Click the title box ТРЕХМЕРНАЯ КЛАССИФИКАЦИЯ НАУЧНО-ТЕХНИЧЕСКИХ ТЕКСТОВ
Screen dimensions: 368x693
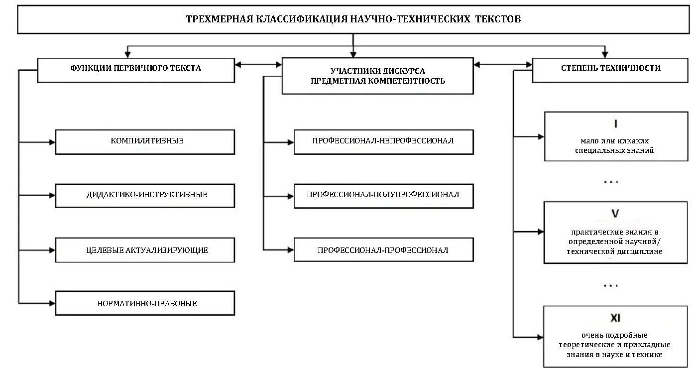(x=353, y=19)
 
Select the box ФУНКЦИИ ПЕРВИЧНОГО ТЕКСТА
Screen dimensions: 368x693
(x=136, y=69)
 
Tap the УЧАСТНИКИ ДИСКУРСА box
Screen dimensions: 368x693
(x=378, y=76)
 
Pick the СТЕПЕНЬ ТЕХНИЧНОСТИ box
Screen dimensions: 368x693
(x=610, y=68)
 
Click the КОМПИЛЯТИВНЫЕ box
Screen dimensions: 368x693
(x=145, y=141)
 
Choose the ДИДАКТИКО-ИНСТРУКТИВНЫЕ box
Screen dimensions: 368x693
(x=145, y=196)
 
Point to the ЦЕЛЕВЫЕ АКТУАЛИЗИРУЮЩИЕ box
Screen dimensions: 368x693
(x=145, y=250)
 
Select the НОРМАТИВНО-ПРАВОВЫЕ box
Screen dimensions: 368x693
(x=145, y=303)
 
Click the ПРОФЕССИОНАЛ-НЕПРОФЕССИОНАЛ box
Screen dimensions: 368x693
(x=383, y=141)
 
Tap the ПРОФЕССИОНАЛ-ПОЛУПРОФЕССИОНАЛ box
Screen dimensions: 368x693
(x=383, y=196)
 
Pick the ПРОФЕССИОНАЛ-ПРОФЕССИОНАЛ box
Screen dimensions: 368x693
(x=383, y=250)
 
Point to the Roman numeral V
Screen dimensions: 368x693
(x=615, y=214)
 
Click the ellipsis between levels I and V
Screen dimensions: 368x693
(x=610, y=182)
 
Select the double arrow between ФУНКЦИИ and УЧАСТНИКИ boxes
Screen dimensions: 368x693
(x=258, y=64)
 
